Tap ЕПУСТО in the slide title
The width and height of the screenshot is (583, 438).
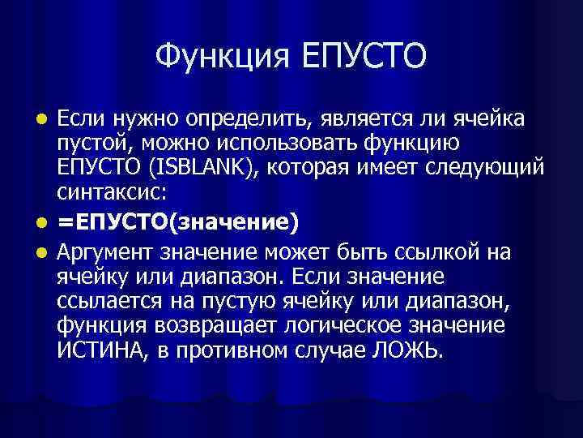(364, 56)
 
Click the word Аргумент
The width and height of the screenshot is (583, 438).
(107, 251)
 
